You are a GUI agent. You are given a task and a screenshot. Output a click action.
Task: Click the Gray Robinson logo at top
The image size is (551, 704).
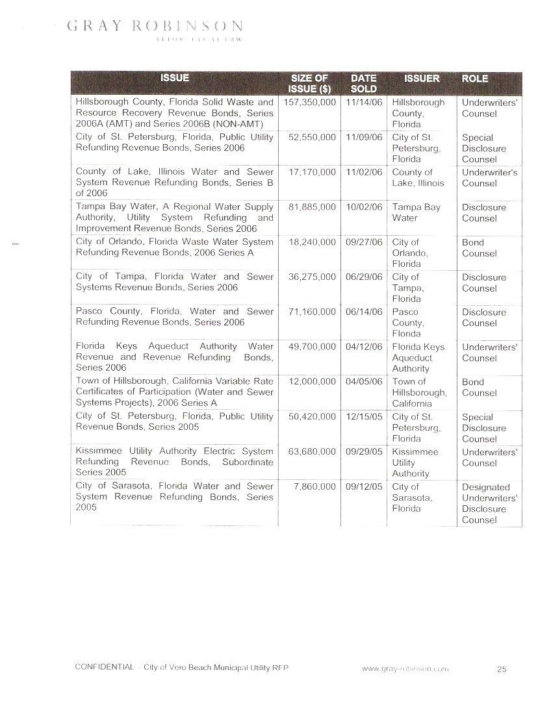155,27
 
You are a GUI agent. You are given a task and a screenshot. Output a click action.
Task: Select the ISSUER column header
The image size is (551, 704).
422,79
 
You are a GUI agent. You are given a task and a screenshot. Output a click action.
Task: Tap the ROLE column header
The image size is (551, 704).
474,79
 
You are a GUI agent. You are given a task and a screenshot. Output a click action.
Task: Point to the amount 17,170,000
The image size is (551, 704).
311,173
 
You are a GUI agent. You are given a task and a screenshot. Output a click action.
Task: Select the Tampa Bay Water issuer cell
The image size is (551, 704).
416,213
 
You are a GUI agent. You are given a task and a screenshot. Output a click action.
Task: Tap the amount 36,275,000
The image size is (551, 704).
311,277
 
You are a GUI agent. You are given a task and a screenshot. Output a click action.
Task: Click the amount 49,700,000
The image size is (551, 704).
311,347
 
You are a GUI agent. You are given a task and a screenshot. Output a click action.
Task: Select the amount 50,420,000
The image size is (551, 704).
311,417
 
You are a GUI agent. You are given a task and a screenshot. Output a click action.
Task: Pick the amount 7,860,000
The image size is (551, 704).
314,487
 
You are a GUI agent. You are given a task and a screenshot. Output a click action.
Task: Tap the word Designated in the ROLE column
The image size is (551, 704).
486,488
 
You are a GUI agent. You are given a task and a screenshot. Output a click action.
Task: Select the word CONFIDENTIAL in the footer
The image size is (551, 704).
104,668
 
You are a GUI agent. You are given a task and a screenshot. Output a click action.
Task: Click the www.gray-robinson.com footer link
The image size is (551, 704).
405,668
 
